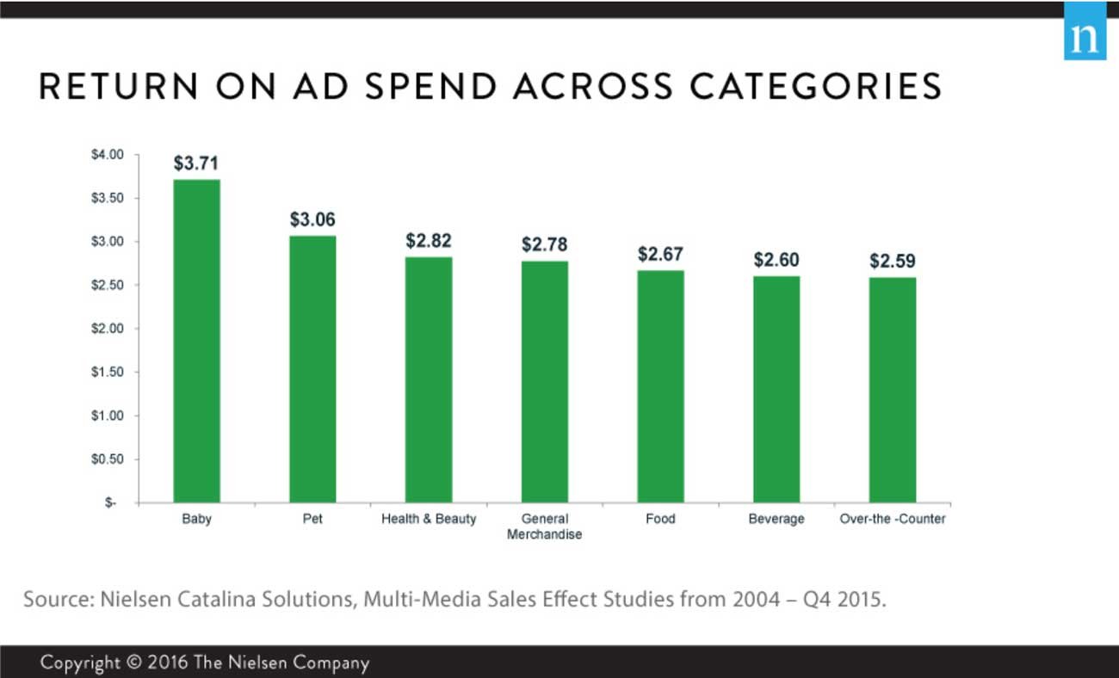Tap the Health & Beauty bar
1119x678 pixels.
(x=429, y=379)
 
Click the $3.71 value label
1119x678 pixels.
(x=196, y=163)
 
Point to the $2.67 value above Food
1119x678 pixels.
(x=660, y=255)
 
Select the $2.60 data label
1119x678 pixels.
(x=776, y=260)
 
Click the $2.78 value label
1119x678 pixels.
(x=544, y=245)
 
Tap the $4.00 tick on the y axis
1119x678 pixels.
(x=108, y=155)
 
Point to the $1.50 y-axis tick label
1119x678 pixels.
(x=108, y=373)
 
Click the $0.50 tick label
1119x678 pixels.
(x=108, y=459)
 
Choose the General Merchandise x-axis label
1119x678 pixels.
(x=544, y=527)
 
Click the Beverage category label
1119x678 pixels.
(x=776, y=520)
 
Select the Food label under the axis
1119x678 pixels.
(x=660, y=520)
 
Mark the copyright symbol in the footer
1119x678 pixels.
(x=133, y=663)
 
